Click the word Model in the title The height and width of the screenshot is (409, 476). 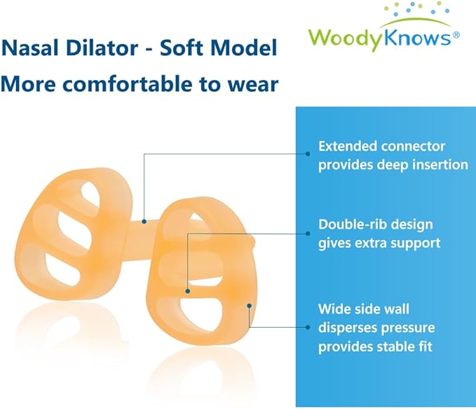[x=249, y=48]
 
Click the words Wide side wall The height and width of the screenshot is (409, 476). [x=364, y=309]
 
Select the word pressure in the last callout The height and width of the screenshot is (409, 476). [x=410, y=328]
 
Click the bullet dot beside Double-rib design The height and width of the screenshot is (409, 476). [x=308, y=233]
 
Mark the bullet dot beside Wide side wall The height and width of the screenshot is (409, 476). [x=308, y=326]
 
